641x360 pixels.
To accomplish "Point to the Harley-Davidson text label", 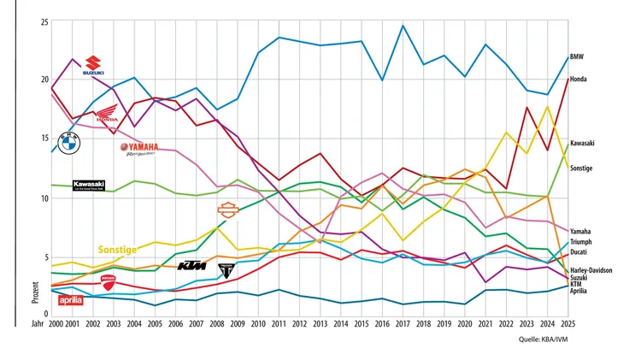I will click(x=591, y=270).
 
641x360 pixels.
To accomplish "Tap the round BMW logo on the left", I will click(x=68, y=143).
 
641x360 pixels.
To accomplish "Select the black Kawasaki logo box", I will click(x=89, y=185).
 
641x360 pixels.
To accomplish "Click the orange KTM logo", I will click(x=192, y=266).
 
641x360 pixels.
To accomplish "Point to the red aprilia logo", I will click(x=70, y=299).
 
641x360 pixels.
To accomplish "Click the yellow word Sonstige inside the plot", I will click(x=118, y=250).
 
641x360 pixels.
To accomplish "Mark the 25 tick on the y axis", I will click(x=43, y=21).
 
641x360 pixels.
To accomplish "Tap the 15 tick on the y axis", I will click(x=43, y=139).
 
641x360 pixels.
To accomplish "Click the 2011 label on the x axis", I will click(x=279, y=325).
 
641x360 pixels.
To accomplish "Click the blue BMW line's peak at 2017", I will click(x=403, y=26).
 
